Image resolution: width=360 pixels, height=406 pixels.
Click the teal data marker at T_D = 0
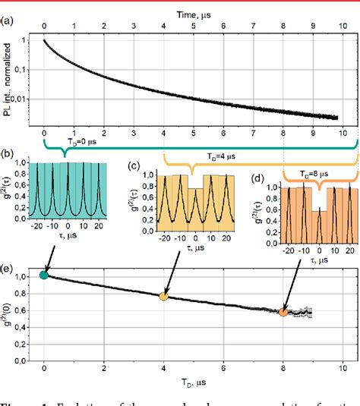(43, 275)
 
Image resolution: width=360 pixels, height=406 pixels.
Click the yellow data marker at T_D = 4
(163, 296)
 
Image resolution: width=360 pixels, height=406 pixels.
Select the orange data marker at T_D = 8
(283, 311)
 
